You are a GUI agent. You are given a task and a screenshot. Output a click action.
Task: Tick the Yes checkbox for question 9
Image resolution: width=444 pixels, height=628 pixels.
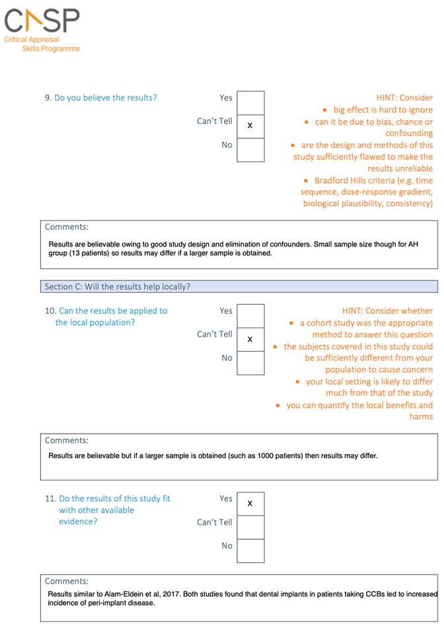pyautogui.click(x=250, y=102)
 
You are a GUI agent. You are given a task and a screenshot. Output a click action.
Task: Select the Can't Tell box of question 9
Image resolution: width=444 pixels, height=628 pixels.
pyautogui.click(x=250, y=126)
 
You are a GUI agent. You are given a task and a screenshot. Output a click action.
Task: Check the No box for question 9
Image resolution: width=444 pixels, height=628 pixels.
pyautogui.click(x=250, y=149)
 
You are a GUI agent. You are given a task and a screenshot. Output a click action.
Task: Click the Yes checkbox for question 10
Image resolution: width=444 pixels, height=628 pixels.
pyautogui.click(x=250, y=315)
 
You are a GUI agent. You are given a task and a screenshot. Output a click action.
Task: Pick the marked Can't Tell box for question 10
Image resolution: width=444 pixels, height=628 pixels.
pyautogui.click(x=250, y=339)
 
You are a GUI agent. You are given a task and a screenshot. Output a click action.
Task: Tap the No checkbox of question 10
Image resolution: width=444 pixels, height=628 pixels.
pyautogui.click(x=250, y=363)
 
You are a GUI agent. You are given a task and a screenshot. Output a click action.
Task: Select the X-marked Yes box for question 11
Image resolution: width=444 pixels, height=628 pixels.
pyautogui.click(x=250, y=504)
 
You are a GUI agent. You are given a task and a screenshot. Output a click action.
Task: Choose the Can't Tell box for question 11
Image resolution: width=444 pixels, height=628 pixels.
pyautogui.click(x=250, y=527)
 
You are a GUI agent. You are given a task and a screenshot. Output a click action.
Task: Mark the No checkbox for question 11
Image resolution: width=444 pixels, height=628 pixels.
pyautogui.click(x=250, y=551)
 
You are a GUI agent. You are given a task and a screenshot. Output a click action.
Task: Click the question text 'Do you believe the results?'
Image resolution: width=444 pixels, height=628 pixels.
pyautogui.click(x=106, y=98)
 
